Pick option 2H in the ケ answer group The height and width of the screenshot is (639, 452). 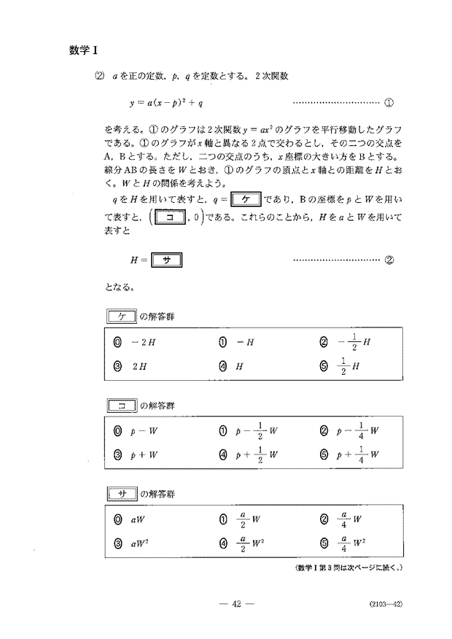132,367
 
